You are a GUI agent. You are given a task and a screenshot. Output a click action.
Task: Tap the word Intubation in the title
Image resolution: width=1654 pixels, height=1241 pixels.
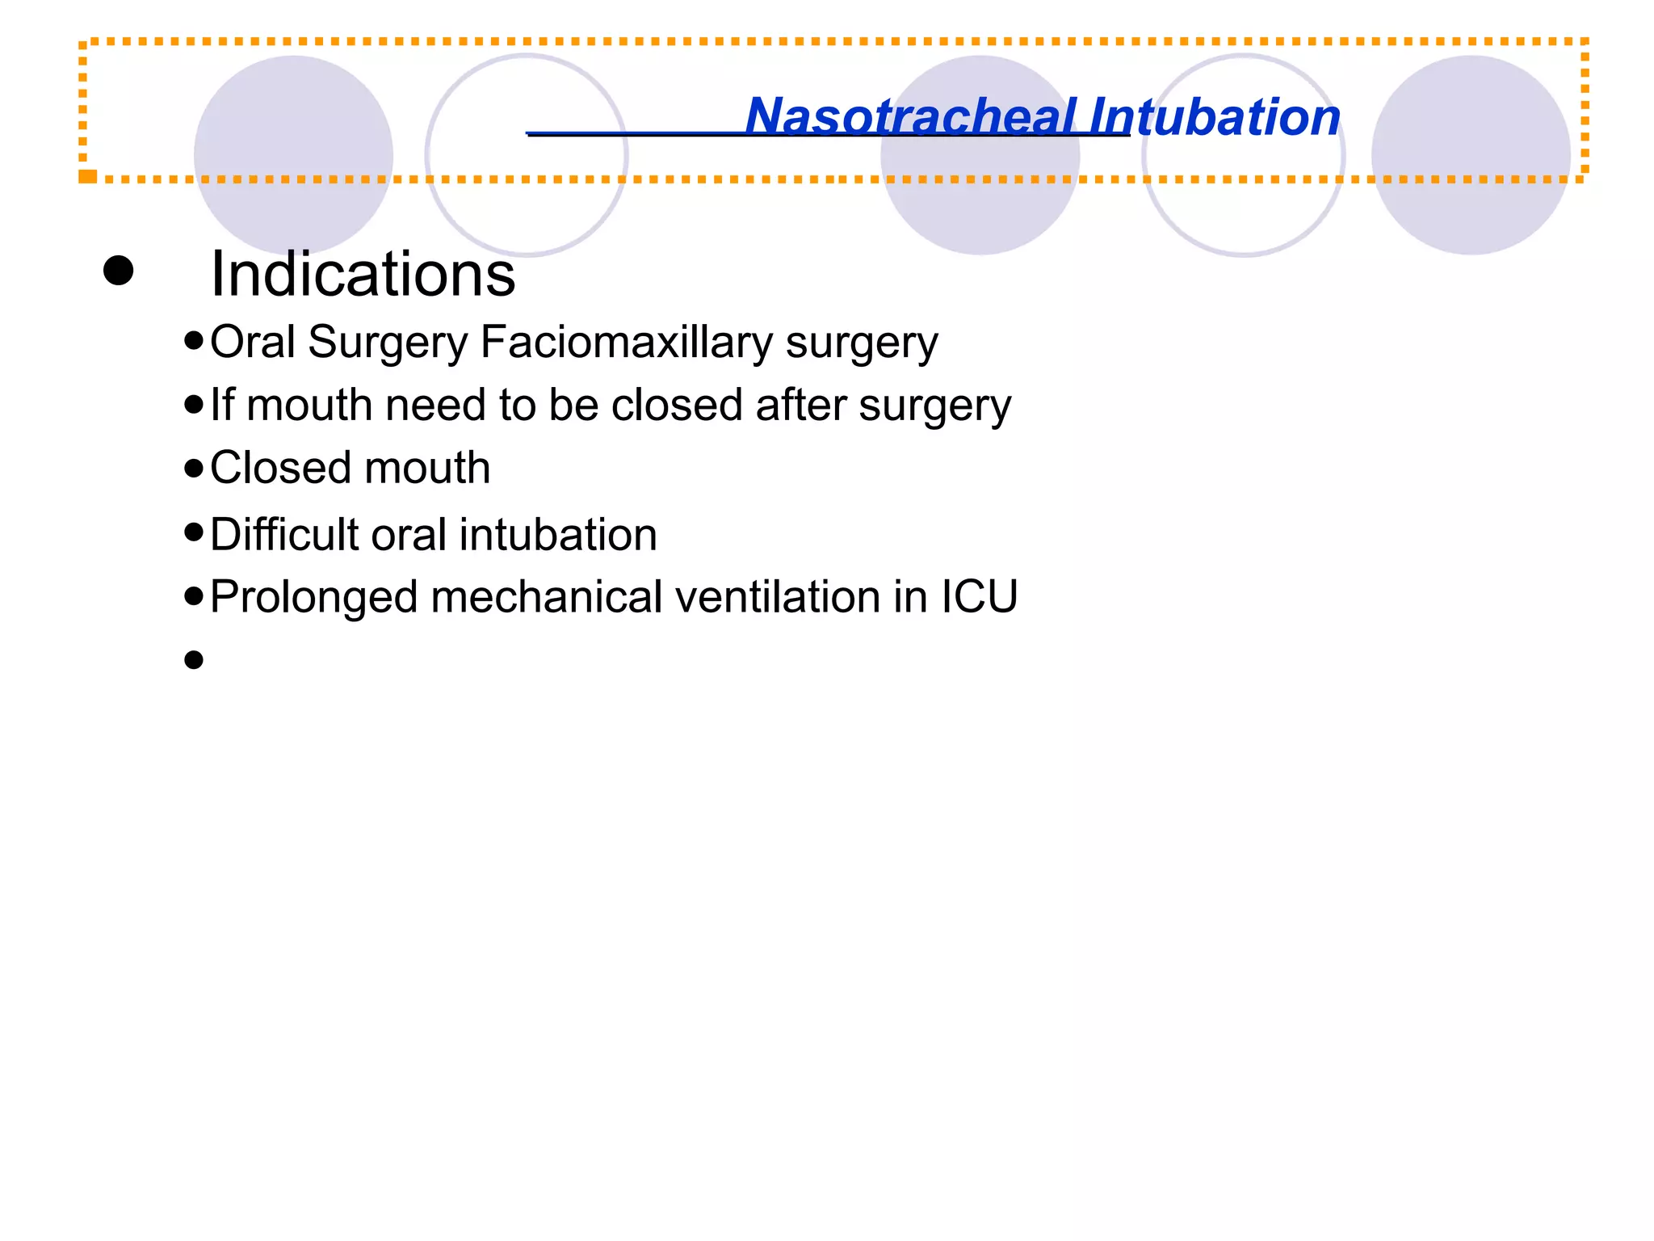coord(1215,116)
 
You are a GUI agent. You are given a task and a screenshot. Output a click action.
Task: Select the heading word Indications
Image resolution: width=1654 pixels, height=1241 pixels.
coord(363,275)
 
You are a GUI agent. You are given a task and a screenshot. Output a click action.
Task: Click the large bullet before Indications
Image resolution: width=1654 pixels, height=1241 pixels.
coord(119,271)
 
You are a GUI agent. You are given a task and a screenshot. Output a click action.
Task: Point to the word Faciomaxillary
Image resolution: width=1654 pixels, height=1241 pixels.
coord(627,343)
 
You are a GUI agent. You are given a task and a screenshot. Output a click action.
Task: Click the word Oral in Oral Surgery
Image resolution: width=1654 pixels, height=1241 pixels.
coord(253,343)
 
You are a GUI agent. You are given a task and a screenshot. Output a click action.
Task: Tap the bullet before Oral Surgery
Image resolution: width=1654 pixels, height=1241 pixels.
coord(193,340)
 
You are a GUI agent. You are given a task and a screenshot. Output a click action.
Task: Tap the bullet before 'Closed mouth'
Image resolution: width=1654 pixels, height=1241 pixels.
coord(193,468)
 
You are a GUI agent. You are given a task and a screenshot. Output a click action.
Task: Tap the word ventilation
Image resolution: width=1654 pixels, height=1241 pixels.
coord(777,598)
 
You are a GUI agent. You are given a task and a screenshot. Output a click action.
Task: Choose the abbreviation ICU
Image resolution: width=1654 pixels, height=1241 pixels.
coord(979,598)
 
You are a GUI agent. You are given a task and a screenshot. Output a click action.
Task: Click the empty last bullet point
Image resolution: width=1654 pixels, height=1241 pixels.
coord(193,661)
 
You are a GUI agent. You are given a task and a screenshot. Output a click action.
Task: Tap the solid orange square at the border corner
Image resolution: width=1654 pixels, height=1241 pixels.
coord(87,175)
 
